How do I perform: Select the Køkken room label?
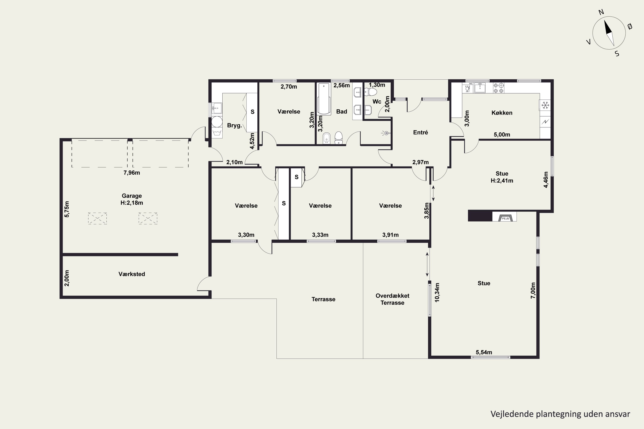tap(502, 113)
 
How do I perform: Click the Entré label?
tap(420, 132)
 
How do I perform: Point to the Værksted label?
tap(132, 274)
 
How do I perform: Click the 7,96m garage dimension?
tap(132, 173)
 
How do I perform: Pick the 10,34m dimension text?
tap(437, 293)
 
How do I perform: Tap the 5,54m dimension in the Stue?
tap(484, 352)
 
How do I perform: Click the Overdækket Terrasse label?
tap(392, 299)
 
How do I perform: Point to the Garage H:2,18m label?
tap(132, 199)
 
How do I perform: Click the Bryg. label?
tap(234, 125)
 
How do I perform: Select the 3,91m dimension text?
tap(390, 235)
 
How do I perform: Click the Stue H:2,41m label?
tap(502, 177)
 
